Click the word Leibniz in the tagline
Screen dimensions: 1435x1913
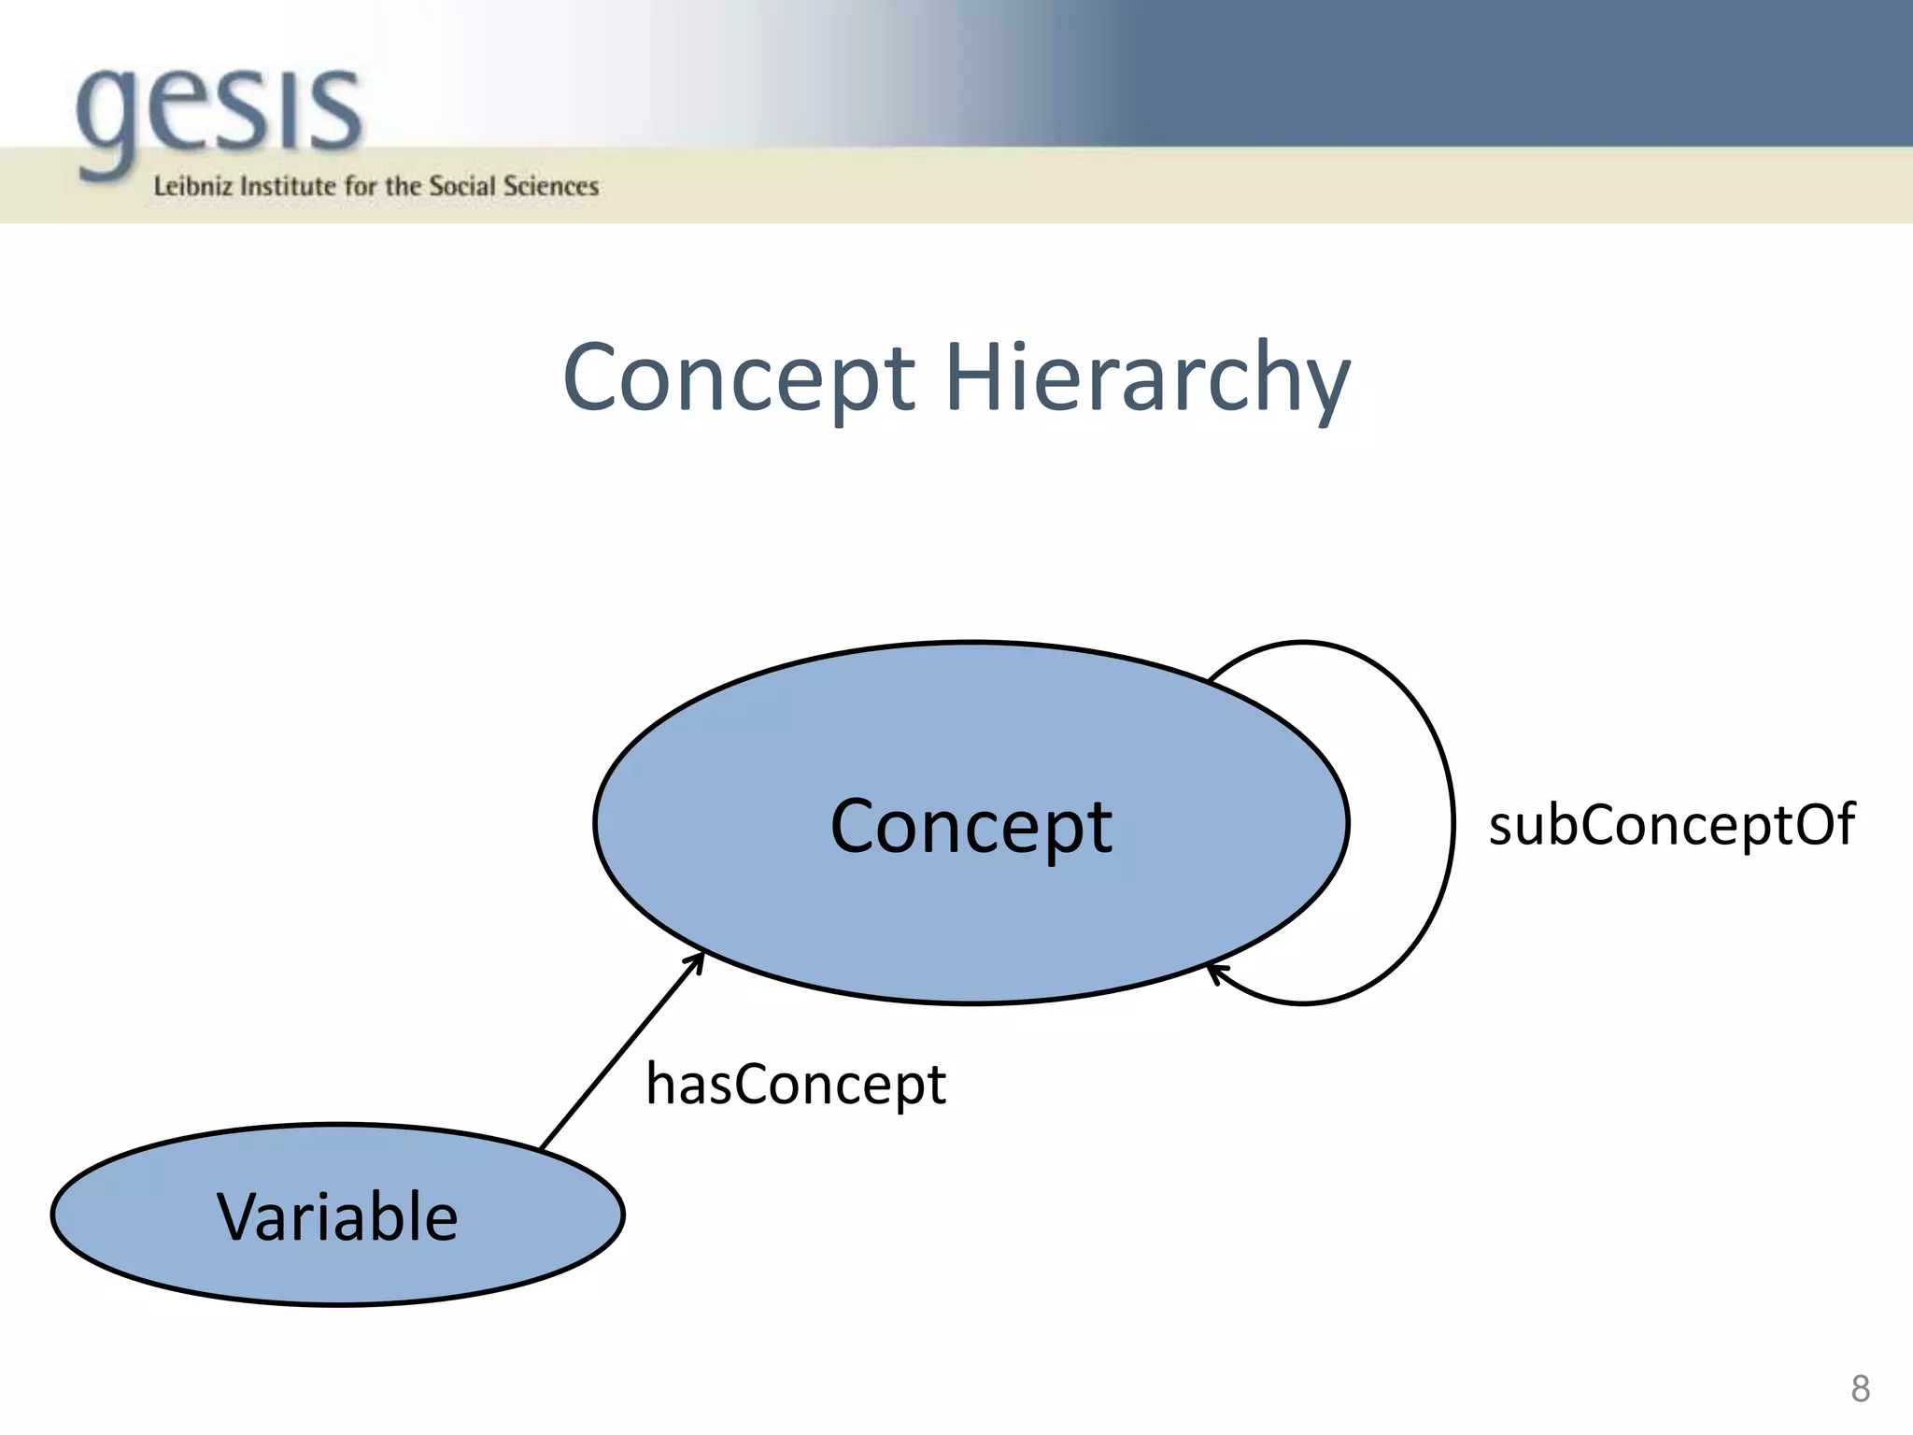[x=192, y=187]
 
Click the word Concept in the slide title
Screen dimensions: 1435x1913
[x=739, y=378]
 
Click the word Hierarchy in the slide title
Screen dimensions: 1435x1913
[x=1147, y=378]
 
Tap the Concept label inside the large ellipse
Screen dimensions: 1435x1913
[x=971, y=827]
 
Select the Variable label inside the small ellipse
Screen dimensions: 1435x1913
[x=337, y=1216]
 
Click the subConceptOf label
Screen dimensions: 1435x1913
[x=1671, y=825]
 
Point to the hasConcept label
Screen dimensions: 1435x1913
[x=796, y=1085]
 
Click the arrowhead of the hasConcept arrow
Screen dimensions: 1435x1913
[x=699, y=959]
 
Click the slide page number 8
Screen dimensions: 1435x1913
[x=1860, y=1388]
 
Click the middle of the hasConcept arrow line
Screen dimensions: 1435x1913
[x=621, y=1052]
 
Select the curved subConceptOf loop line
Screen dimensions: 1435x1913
[x=1452, y=822]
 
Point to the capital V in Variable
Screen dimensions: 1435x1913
[x=240, y=1216]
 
